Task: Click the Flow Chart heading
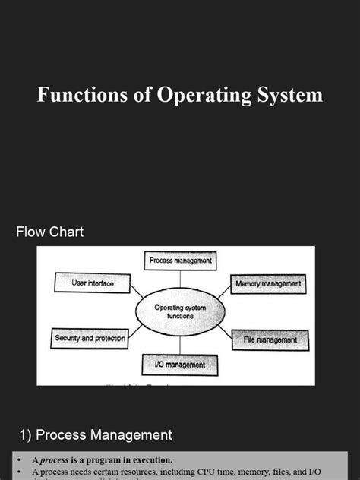[x=50, y=232]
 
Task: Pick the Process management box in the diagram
[x=180, y=261]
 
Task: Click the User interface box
[x=93, y=283]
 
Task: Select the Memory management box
[x=268, y=284]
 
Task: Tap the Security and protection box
[x=90, y=338]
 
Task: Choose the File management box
[x=270, y=339]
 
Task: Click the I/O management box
[x=180, y=365]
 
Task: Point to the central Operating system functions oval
[x=180, y=311]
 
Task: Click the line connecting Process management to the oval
[x=180, y=280]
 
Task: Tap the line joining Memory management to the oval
[x=223, y=292]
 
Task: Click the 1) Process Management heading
[x=96, y=435]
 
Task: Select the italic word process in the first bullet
[x=55, y=460]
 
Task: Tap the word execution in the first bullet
[x=150, y=460]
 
